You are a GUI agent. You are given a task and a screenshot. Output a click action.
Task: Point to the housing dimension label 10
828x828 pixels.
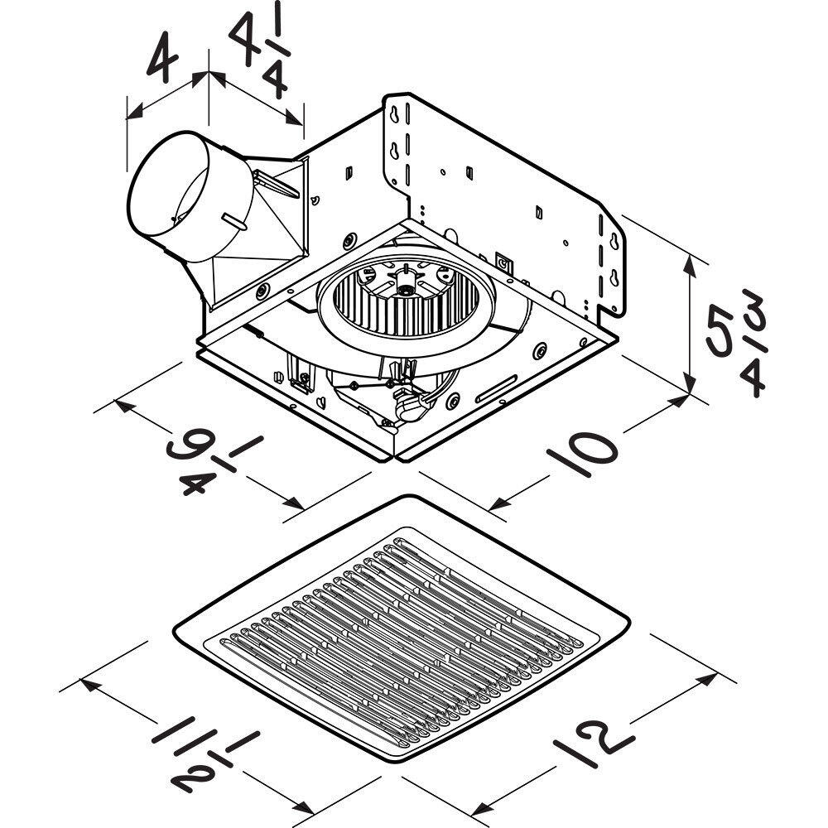click(x=581, y=451)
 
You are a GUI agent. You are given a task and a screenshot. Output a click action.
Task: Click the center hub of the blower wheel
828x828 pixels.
click(x=405, y=289)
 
